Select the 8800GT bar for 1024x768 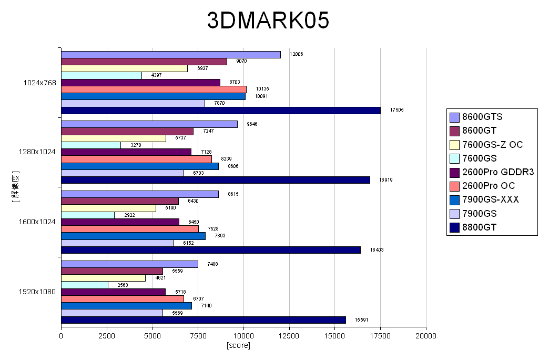click(x=221, y=111)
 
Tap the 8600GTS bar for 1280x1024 click(x=149, y=124)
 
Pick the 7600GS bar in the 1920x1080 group click(x=85, y=285)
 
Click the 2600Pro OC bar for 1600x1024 click(x=130, y=229)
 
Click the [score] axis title click(x=238, y=345)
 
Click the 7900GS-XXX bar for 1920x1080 click(x=126, y=306)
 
